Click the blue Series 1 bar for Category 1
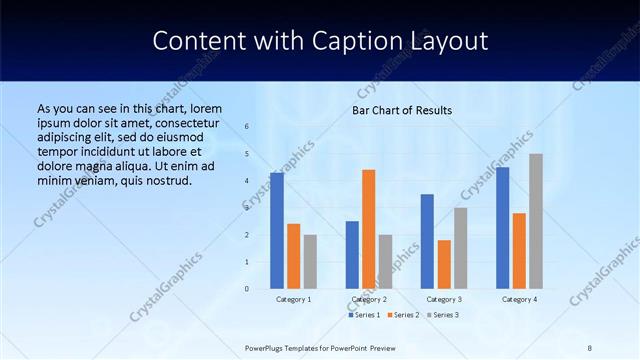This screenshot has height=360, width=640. click(x=277, y=231)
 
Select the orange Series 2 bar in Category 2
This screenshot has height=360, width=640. click(x=368, y=229)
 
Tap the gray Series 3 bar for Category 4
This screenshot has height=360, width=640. click(x=536, y=221)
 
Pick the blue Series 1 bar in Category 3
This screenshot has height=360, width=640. click(x=427, y=241)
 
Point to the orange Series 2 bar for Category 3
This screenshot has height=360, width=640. click(x=444, y=264)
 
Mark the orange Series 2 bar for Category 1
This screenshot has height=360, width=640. click(x=293, y=256)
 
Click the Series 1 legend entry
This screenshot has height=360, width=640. click(x=365, y=315)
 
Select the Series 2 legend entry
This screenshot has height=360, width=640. click(x=404, y=315)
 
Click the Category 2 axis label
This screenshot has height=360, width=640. click(x=369, y=299)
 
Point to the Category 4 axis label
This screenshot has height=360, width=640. click(x=519, y=299)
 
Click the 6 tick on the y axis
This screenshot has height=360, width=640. click(x=247, y=127)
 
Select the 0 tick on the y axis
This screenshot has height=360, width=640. click(x=247, y=289)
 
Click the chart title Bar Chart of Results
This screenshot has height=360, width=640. click(x=402, y=110)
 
